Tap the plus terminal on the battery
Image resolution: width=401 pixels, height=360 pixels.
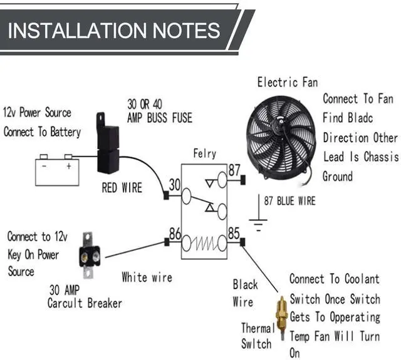68,167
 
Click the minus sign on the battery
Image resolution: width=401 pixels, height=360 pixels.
44,167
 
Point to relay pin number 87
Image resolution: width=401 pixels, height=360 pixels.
234,170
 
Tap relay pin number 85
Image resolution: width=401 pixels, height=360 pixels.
234,234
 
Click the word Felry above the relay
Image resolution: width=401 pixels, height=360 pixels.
205,153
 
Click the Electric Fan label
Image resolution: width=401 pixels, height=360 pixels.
288,82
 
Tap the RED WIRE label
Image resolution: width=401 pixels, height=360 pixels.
122,187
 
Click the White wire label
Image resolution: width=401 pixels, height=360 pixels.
147,277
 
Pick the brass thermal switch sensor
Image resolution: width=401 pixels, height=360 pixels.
281,316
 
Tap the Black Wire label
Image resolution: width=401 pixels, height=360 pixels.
245,293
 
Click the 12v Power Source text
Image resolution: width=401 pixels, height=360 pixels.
38,113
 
